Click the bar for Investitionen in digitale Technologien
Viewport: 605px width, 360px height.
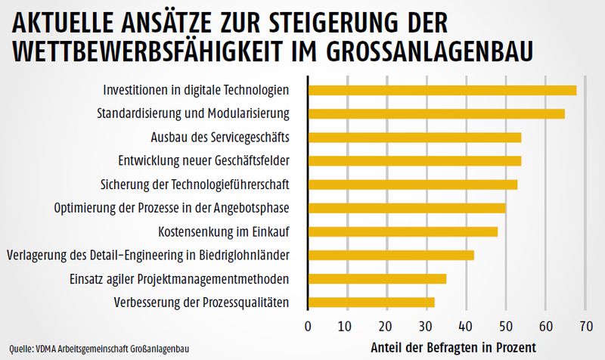pyautogui.click(x=442, y=90)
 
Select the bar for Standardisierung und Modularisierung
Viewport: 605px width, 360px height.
pyautogui.click(x=436, y=113)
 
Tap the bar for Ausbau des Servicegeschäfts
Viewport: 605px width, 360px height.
pyautogui.click(x=414, y=137)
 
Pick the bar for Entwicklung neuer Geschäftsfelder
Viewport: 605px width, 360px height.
pyautogui.click(x=414, y=160)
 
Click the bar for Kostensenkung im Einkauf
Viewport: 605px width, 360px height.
pyautogui.click(x=403, y=231)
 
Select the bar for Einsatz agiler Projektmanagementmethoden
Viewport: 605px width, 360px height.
pyautogui.click(x=377, y=278)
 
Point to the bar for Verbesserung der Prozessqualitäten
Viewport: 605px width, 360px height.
pyautogui.click(x=371, y=302)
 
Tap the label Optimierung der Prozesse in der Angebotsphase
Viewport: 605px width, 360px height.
pyautogui.click(x=172, y=207)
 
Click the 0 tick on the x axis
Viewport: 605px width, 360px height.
pyautogui.click(x=308, y=327)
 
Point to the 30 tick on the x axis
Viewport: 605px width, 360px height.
pyautogui.click(x=427, y=327)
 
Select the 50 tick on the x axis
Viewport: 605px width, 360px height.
pyautogui.click(x=506, y=327)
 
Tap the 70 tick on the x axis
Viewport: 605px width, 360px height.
pyautogui.click(x=585, y=327)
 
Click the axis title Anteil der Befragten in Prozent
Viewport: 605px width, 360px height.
pyautogui.click(x=453, y=349)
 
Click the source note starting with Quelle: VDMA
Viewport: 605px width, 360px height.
pyautogui.click(x=95, y=349)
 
